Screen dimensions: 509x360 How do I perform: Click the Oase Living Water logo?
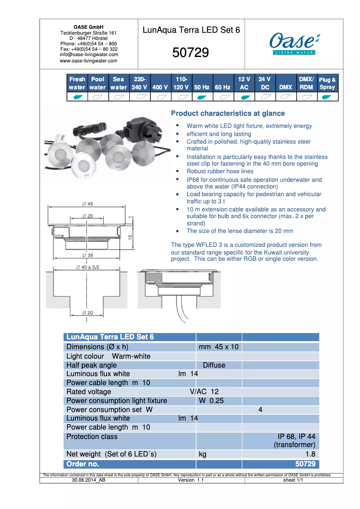(x=294, y=44)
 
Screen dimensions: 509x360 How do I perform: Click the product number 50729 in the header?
(x=191, y=53)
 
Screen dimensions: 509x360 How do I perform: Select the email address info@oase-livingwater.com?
(x=89, y=55)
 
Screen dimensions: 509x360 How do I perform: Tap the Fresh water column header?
(x=77, y=83)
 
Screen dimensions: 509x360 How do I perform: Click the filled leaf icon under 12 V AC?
(x=244, y=97)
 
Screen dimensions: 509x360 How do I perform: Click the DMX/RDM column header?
(x=307, y=83)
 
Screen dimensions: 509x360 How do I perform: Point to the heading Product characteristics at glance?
(x=228, y=114)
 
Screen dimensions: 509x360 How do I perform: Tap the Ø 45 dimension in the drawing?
(x=88, y=204)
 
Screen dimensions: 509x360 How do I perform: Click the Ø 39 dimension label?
(x=88, y=255)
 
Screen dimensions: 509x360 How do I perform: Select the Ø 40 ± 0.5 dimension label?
(x=88, y=267)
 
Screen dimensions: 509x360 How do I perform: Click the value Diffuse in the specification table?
(x=214, y=365)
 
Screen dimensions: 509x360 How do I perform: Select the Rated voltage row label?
(x=89, y=392)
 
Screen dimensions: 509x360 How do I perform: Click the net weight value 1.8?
(x=310, y=454)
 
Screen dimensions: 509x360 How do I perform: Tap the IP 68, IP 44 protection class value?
(x=296, y=436)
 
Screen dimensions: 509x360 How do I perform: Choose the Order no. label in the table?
(x=83, y=464)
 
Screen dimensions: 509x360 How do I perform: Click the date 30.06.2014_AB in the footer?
(x=89, y=480)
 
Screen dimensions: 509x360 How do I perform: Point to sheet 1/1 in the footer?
(x=294, y=480)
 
